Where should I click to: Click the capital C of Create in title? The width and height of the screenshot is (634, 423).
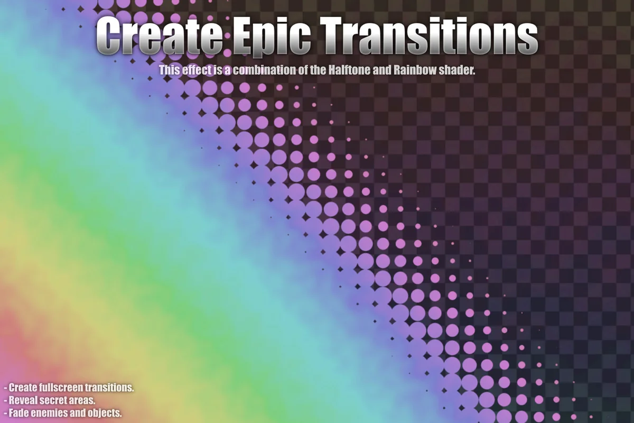click(x=110, y=36)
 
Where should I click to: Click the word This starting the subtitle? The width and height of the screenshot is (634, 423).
click(x=170, y=70)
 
